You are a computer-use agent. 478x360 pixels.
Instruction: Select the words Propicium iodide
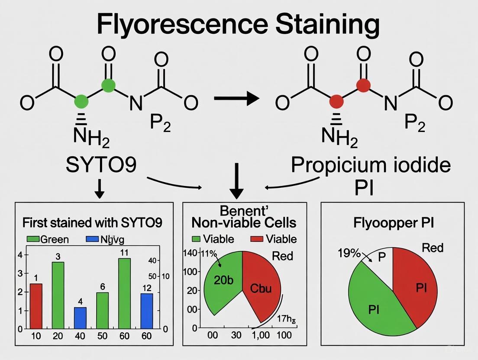click(x=370, y=166)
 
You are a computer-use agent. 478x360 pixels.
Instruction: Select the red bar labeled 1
click(x=36, y=306)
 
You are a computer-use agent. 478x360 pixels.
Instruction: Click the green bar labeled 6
click(x=102, y=310)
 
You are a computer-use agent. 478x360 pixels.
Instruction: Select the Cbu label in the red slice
click(x=261, y=288)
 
